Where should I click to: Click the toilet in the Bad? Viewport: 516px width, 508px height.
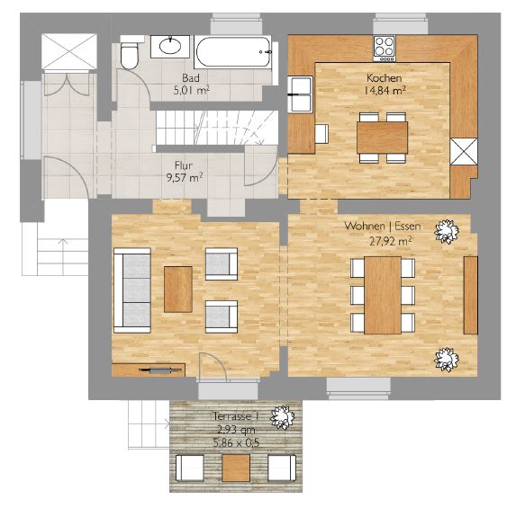tap(129, 55)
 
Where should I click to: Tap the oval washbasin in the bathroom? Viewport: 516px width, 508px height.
tap(170, 46)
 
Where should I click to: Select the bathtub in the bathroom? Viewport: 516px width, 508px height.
tap(233, 52)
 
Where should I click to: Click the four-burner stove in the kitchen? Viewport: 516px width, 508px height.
tap(385, 48)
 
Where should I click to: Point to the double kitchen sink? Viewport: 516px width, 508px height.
tap(300, 94)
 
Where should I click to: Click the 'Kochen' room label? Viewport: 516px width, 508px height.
tap(384, 78)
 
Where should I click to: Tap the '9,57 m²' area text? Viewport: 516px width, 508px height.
tap(185, 178)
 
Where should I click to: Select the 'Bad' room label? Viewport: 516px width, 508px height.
tap(191, 78)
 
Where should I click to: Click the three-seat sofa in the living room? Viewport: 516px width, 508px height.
tap(132, 290)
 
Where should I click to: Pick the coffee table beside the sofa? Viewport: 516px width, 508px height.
tap(178, 290)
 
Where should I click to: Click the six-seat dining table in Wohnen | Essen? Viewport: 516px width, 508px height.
tap(383, 295)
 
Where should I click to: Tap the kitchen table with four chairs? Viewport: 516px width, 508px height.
tap(383, 138)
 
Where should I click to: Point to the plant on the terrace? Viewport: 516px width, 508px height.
tap(283, 417)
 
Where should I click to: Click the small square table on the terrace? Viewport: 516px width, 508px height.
tap(236, 468)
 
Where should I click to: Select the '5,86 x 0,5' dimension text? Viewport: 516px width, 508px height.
tap(236, 443)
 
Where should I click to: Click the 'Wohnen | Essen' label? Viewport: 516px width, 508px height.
tap(383, 226)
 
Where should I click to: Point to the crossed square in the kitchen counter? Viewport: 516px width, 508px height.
tap(464, 151)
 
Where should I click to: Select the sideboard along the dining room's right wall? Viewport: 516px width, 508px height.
tap(471, 295)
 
